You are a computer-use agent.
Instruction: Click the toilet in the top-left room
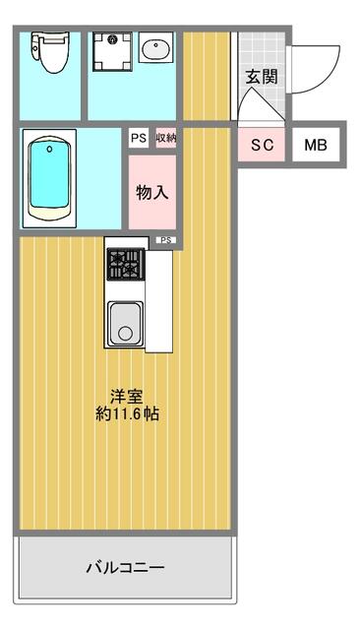(50, 52)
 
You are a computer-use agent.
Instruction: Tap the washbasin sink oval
(156, 49)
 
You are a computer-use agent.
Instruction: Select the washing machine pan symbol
(112, 52)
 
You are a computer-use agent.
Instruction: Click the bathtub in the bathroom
(50, 178)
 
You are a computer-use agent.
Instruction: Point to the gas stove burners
(125, 264)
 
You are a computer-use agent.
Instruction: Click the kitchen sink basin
(126, 324)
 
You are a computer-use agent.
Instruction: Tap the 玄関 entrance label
(262, 77)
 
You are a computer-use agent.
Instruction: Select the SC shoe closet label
(262, 145)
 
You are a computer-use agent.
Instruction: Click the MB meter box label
(316, 145)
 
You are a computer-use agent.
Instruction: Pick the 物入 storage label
(152, 193)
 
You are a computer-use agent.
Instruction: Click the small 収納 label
(166, 138)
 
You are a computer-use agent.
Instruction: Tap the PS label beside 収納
(139, 138)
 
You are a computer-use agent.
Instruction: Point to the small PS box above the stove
(166, 240)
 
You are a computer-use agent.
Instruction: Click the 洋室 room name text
(127, 397)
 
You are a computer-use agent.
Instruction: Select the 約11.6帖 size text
(127, 413)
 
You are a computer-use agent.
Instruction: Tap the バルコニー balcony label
(126, 568)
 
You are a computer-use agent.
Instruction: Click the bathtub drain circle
(49, 150)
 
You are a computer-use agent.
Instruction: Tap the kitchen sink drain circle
(126, 333)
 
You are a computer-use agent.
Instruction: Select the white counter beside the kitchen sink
(159, 301)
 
